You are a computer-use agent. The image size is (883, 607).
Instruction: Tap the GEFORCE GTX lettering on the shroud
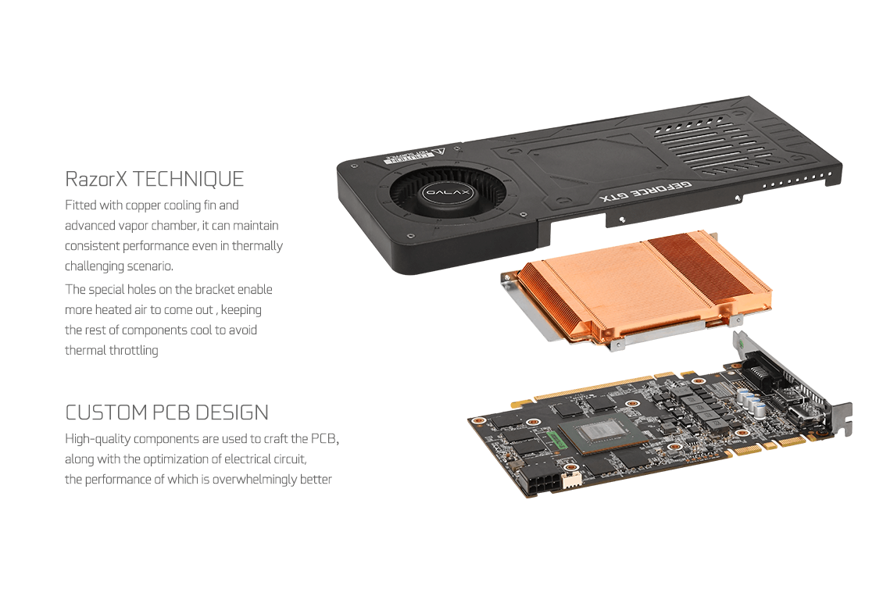pos(645,192)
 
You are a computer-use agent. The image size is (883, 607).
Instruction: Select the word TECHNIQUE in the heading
pos(188,179)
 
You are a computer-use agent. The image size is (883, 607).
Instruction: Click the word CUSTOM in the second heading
pos(106,412)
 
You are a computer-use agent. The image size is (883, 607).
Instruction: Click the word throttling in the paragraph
pos(134,350)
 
